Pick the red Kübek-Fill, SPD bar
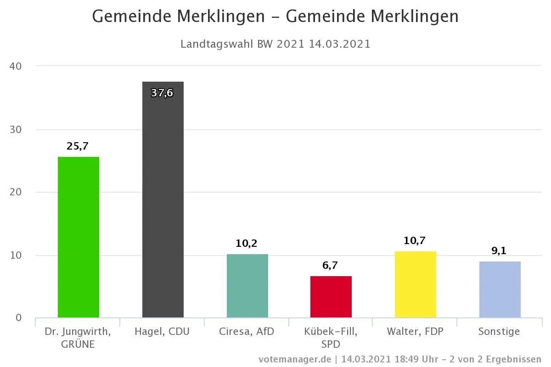[331, 297]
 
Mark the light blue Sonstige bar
[500, 289]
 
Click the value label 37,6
[162, 93]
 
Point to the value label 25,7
[78, 146]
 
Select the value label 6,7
[330, 265]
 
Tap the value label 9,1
[499, 251]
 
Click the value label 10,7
[415, 240]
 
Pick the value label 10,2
[247, 244]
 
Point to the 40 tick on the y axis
[16, 66]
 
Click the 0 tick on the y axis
[18, 318]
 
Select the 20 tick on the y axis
[16, 192]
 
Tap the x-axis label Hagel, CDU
[162, 331]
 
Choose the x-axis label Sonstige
[499, 331]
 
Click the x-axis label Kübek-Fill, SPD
[331, 337]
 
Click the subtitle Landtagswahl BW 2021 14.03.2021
[275, 44]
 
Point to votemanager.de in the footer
[295, 359]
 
